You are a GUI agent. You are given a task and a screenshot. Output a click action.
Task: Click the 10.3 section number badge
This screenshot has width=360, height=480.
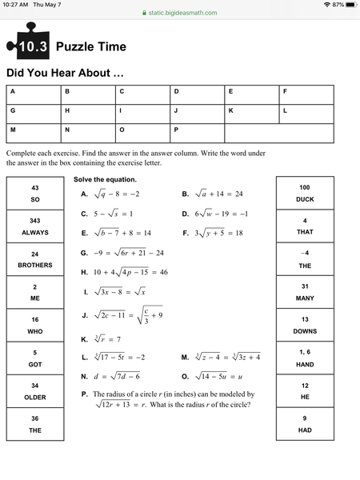pos(30,46)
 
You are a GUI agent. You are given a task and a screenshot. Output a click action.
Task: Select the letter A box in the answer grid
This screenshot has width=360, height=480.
pos(33,94)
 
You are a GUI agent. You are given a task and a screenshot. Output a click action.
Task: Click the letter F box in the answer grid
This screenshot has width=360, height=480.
pos(306,94)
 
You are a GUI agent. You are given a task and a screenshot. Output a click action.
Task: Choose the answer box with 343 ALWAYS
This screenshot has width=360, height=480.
pos(35,226)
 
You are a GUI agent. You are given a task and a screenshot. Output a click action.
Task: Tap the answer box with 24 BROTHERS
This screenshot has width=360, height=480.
pos(35,259)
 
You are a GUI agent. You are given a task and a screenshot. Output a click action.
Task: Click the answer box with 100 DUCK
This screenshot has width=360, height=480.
pos(305,193)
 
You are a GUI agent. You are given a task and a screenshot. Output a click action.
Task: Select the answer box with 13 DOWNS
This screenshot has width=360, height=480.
pos(305,325)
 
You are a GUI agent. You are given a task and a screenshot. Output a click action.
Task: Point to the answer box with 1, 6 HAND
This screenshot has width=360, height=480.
pos(305,358)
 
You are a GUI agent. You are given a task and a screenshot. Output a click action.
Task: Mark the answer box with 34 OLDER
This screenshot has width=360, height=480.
pos(35,391)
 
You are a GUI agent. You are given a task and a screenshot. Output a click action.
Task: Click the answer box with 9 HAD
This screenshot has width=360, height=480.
pos(305,424)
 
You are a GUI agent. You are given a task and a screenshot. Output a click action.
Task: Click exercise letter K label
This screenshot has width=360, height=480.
pos(84,339)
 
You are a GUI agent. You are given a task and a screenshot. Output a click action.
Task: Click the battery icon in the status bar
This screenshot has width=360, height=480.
pos(350,5)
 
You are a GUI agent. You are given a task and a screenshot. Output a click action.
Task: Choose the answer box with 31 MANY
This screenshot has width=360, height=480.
pos(305,292)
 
